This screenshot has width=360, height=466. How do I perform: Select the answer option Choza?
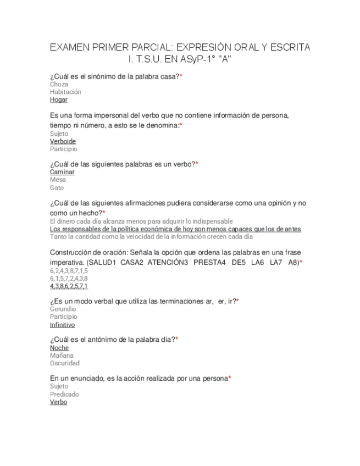(59, 85)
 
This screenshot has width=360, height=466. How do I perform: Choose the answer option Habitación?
(65, 92)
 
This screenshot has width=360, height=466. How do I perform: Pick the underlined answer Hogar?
(59, 100)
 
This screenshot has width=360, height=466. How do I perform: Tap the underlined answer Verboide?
(63, 141)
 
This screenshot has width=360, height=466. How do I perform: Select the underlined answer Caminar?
(62, 172)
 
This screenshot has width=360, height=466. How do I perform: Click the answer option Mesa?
(58, 180)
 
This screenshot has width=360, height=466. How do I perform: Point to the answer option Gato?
(57, 188)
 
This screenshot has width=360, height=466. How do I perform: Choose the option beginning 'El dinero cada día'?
(141, 221)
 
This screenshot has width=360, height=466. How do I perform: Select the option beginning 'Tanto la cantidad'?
(151, 237)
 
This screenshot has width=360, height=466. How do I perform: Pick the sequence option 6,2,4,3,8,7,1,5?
(69, 271)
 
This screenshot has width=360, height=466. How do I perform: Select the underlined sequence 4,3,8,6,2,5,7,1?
(69, 286)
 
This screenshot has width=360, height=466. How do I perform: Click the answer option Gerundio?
(63, 309)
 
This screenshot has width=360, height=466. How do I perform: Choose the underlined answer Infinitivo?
(62, 325)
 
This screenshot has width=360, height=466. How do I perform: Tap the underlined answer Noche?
(59, 348)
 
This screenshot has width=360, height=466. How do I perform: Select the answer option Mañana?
(61, 356)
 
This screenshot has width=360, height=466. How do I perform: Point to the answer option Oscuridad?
(65, 363)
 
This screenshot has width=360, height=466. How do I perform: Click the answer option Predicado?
(64, 395)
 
